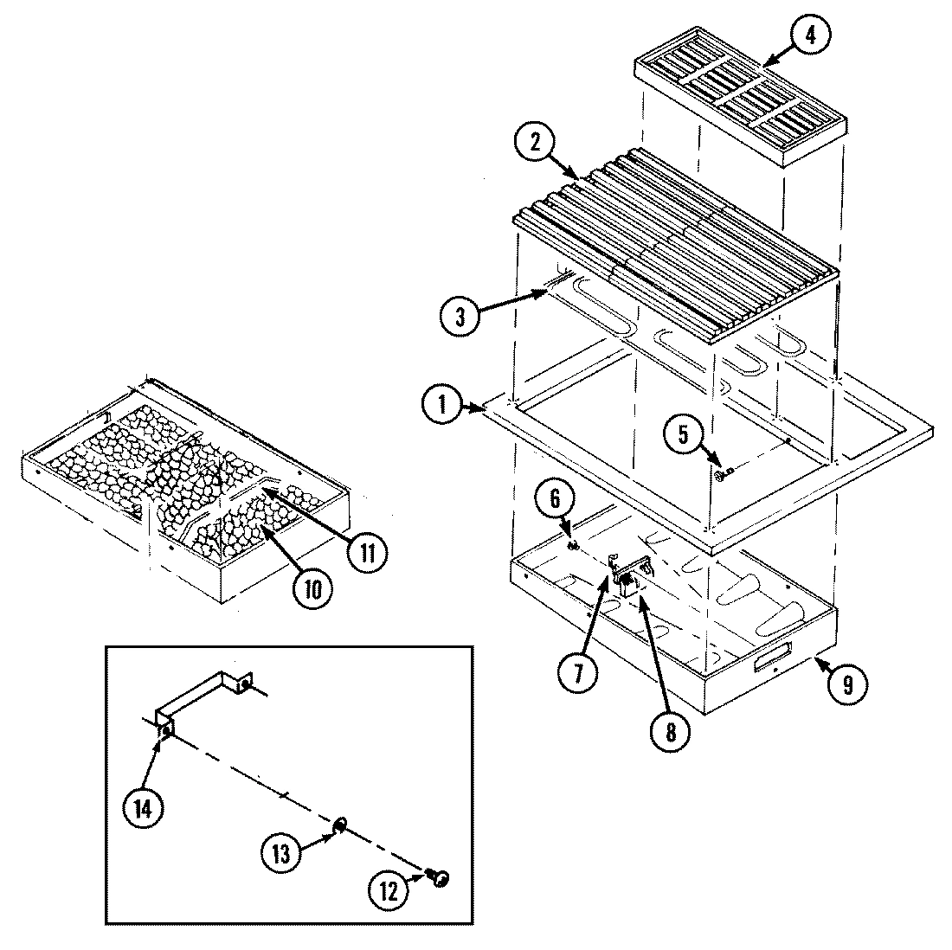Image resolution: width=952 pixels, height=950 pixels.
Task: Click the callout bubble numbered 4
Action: (x=810, y=35)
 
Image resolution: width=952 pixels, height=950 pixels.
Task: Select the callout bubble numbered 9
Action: (x=846, y=684)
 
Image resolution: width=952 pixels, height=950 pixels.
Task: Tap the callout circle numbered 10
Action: (x=312, y=588)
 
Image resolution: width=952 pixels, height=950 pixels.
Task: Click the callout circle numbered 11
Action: (x=367, y=551)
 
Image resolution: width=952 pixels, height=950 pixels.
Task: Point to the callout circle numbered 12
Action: (x=389, y=892)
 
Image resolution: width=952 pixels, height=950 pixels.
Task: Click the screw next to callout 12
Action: (x=440, y=879)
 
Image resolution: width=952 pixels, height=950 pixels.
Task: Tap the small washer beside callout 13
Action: (x=341, y=825)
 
